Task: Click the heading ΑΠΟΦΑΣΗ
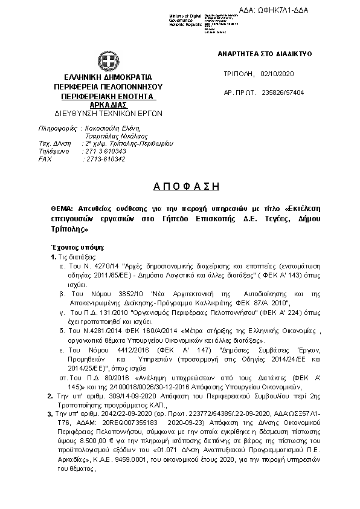[181, 185]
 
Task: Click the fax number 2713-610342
[104, 159]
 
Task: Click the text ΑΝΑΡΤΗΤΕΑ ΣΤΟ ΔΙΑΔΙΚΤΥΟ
[265, 54]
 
